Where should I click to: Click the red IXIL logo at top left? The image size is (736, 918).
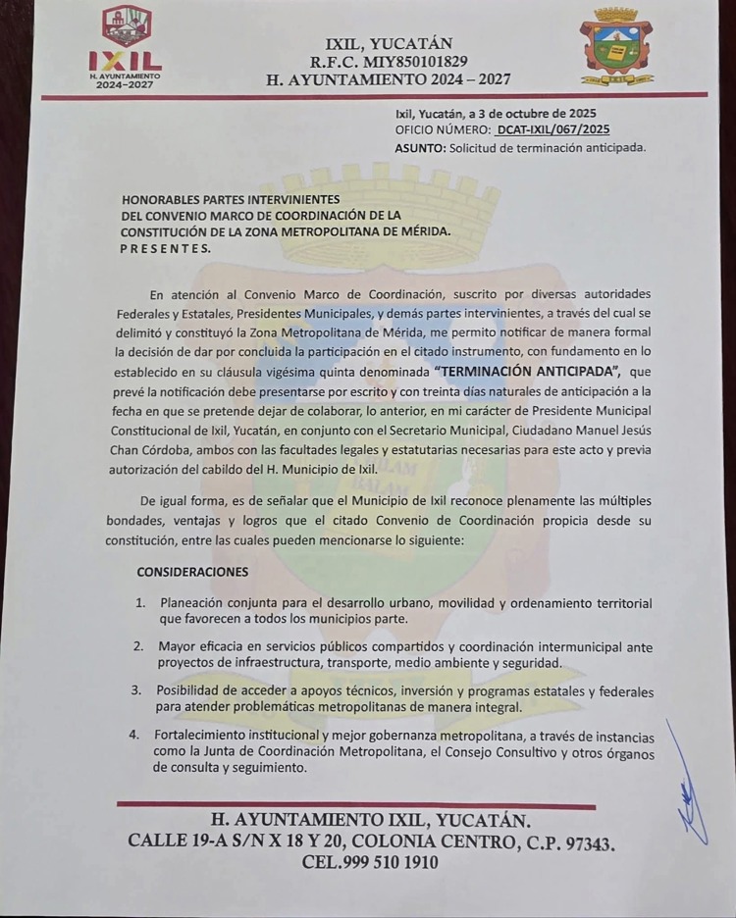click(x=126, y=47)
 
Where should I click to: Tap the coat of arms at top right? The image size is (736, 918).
click(x=615, y=46)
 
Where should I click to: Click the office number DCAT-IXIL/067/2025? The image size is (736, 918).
click(x=552, y=129)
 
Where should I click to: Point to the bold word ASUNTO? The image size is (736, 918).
click(x=419, y=148)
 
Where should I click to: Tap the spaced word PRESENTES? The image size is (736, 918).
click(x=165, y=249)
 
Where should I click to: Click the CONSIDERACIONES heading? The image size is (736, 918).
click(x=192, y=572)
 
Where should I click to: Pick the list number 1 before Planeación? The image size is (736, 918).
click(x=141, y=603)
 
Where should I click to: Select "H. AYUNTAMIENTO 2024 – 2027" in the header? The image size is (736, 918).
click(x=388, y=80)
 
